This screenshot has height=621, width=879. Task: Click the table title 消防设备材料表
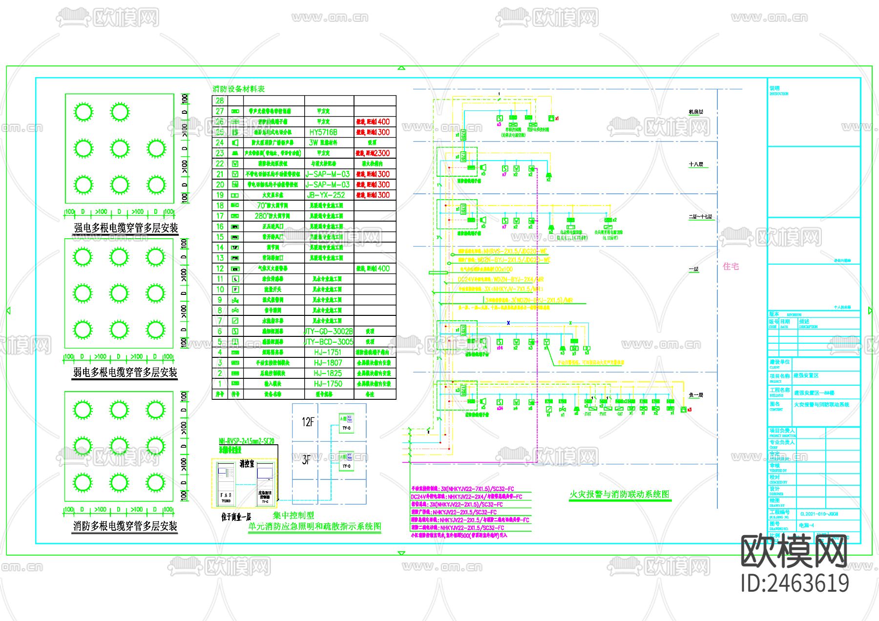tap(239, 89)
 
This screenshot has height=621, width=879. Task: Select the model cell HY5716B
tap(323, 132)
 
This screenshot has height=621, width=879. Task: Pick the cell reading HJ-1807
tap(328, 363)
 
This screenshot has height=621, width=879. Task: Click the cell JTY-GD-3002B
tap(329, 331)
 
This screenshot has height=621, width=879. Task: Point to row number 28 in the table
tap(220, 101)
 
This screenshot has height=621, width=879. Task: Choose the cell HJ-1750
tap(328, 384)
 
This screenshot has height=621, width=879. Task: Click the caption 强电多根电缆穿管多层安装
tap(126, 228)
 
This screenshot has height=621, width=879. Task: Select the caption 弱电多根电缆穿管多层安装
tap(125, 373)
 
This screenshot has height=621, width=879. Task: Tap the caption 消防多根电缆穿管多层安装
tap(125, 526)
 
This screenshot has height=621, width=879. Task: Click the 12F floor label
tap(308, 422)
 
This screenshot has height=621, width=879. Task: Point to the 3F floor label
tap(306, 460)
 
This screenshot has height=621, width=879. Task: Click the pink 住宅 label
tap(731, 267)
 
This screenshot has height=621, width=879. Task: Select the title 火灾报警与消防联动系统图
tap(619, 495)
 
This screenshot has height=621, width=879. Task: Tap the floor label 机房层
tap(696, 112)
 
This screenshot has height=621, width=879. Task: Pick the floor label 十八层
tap(696, 165)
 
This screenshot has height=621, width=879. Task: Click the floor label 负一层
tap(696, 395)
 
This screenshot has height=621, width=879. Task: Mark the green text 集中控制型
tap(293, 516)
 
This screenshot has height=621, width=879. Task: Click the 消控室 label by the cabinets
tap(247, 464)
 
